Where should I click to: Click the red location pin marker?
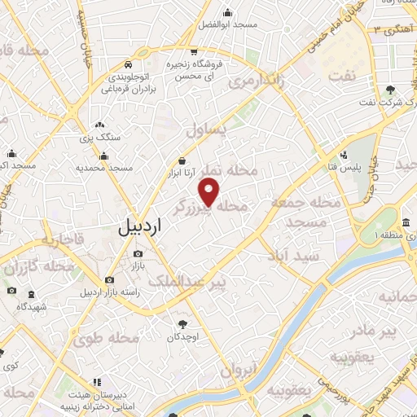210,192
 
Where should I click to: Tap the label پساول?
204,130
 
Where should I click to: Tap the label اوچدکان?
182,336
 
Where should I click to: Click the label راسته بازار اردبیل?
110,292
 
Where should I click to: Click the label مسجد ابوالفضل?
224,26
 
